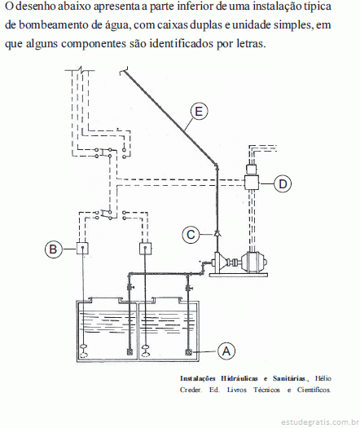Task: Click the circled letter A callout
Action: click(x=226, y=351)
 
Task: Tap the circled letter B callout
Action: click(x=54, y=249)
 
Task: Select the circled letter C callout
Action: click(x=191, y=235)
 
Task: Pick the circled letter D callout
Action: click(x=283, y=183)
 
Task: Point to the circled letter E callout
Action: click(x=199, y=112)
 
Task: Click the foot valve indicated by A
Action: click(x=188, y=352)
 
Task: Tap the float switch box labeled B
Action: click(x=82, y=248)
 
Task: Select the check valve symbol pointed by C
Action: click(x=217, y=234)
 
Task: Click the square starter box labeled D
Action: click(x=252, y=183)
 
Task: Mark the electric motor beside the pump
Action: click(x=253, y=263)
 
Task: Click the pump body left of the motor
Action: click(x=222, y=263)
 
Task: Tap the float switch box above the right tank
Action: click(x=145, y=249)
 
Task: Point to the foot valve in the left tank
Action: click(x=130, y=352)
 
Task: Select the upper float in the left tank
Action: click(x=84, y=347)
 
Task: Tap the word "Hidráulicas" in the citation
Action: click(x=239, y=378)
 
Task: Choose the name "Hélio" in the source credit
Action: click(x=323, y=378)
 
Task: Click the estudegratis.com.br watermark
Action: click(x=319, y=422)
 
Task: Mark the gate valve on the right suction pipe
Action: click(x=188, y=288)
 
